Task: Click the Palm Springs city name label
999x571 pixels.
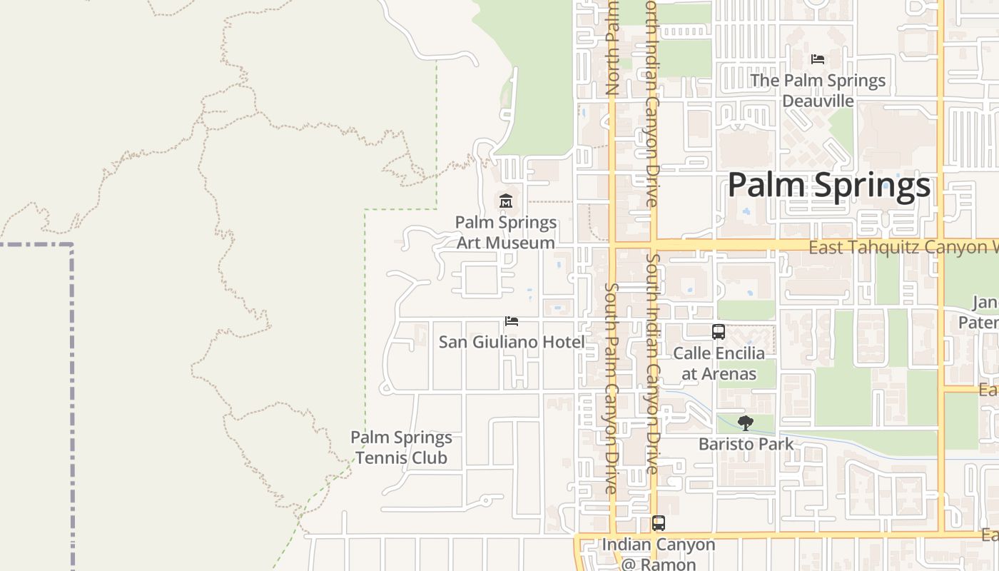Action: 828,186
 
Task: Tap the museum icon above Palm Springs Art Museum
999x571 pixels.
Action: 506,201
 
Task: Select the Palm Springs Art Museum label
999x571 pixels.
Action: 506,233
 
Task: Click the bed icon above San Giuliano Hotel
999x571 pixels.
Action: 511,321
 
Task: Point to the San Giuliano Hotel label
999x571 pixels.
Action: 511,342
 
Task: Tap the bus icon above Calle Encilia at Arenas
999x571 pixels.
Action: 719,332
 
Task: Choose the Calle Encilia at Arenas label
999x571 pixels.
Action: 719,363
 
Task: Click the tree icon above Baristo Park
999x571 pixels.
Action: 746,423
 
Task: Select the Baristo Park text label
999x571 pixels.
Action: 746,444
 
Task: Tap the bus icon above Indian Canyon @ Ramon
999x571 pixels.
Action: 659,523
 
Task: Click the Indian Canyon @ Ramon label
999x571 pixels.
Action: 659,554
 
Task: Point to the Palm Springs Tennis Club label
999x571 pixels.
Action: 401,448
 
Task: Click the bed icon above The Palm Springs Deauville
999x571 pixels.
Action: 818,59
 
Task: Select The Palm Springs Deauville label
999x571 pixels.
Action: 818,91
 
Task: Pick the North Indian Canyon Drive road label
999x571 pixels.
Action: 652,103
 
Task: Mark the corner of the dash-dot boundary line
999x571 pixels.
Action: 71,245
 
